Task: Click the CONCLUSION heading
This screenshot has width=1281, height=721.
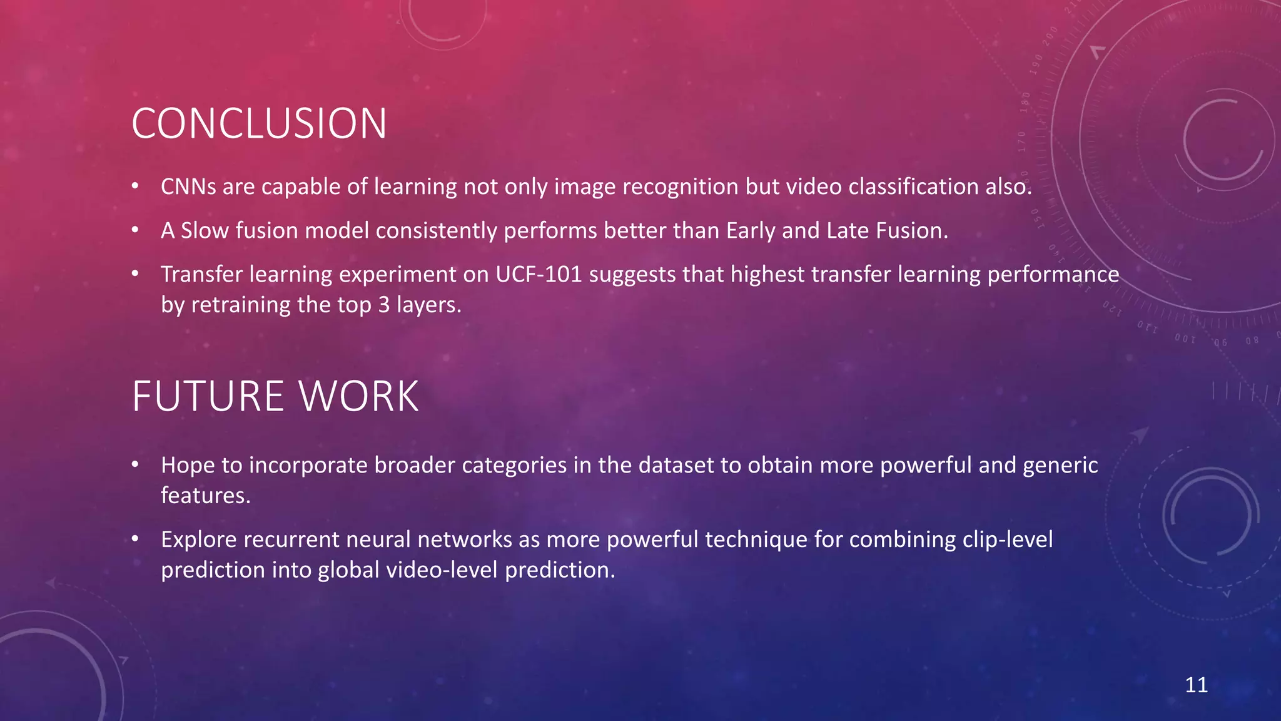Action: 259,123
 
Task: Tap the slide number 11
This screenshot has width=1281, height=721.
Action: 1196,685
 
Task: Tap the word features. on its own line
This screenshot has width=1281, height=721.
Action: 205,496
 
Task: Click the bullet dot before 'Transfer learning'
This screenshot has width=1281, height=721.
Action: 135,274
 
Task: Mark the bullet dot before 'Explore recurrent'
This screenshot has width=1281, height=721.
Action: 135,539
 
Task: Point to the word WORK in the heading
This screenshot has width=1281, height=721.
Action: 358,397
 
